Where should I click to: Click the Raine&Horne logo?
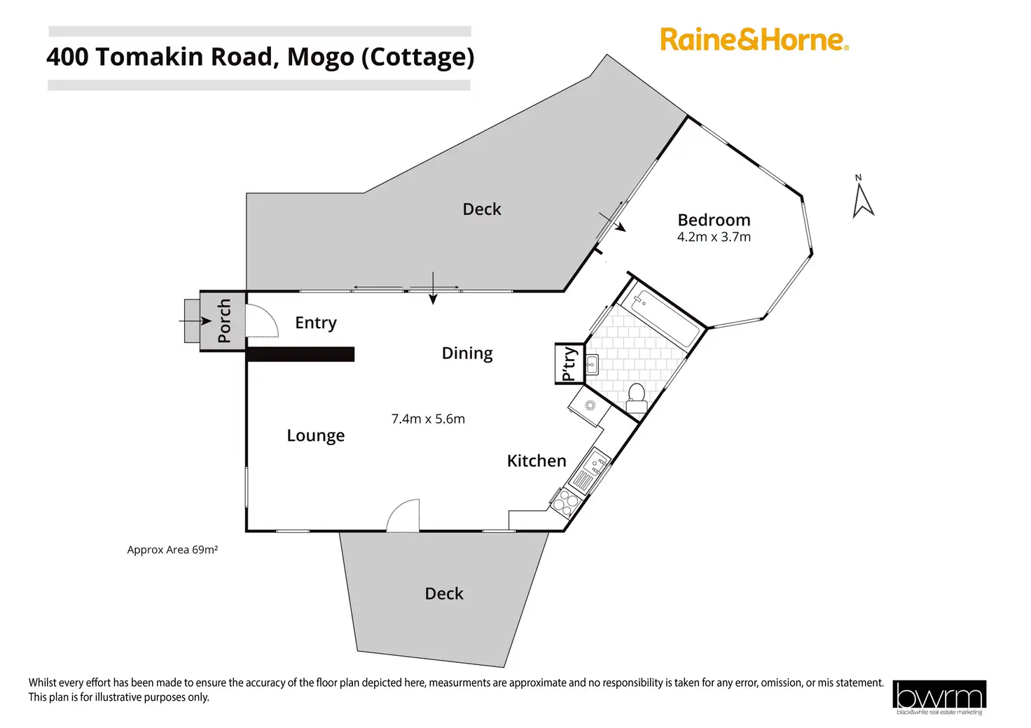754,39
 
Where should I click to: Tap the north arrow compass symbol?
862,198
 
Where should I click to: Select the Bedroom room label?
714,220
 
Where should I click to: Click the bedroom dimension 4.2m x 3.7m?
714,237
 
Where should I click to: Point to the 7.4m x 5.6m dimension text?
428,419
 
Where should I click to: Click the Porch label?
224,321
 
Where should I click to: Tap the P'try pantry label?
569,363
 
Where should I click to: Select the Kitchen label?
537,461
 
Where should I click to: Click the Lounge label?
316,435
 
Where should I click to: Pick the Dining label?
467,353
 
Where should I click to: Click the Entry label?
316,323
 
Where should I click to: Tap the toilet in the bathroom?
637,397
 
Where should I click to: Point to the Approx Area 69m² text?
172,550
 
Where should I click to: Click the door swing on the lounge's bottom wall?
404,516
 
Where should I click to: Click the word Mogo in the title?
320,57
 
